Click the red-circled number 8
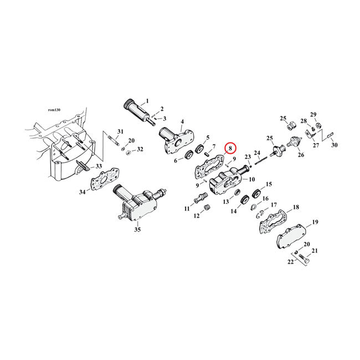pyautogui.click(x=230, y=148)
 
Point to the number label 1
pyautogui.click(x=147, y=101)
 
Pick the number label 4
pyautogui.click(x=182, y=121)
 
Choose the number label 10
pyautogui.click(x=251, y=179)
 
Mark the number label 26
pyautogui.click(x=301, y=155)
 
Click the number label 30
pyautogui.click(x=334, y=145)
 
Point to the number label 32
pyautogui.click(x=140, y=149)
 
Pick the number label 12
pyautogui.click(x=196, y=215)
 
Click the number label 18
pyautogui.click(x=296, y=207)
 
